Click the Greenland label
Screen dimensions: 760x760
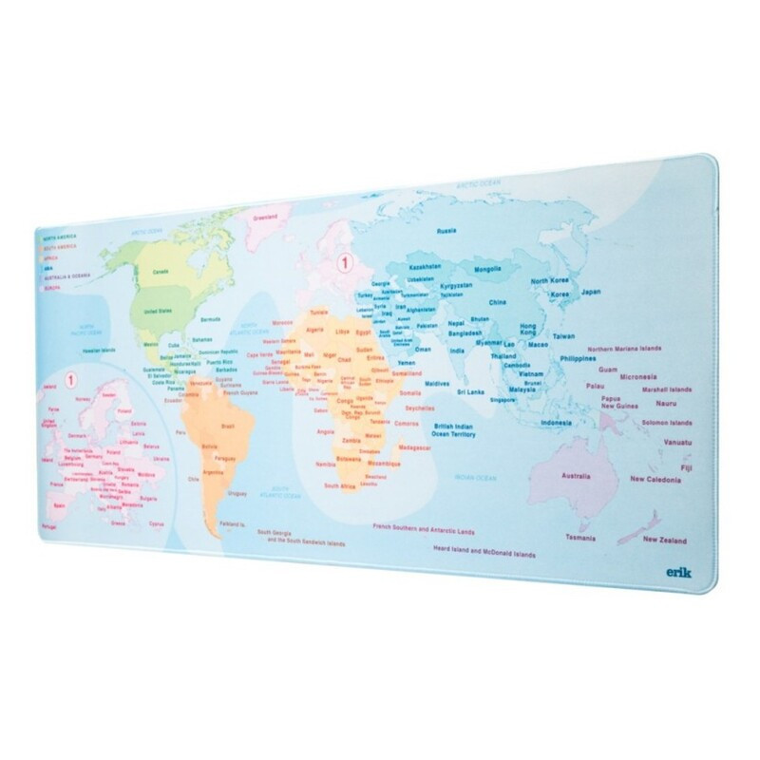click(x=265, y=218)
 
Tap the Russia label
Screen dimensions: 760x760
click(x=446, y=231)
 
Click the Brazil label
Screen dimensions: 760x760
click(x=227, y=428)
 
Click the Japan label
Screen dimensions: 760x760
click(x=592, y=292)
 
